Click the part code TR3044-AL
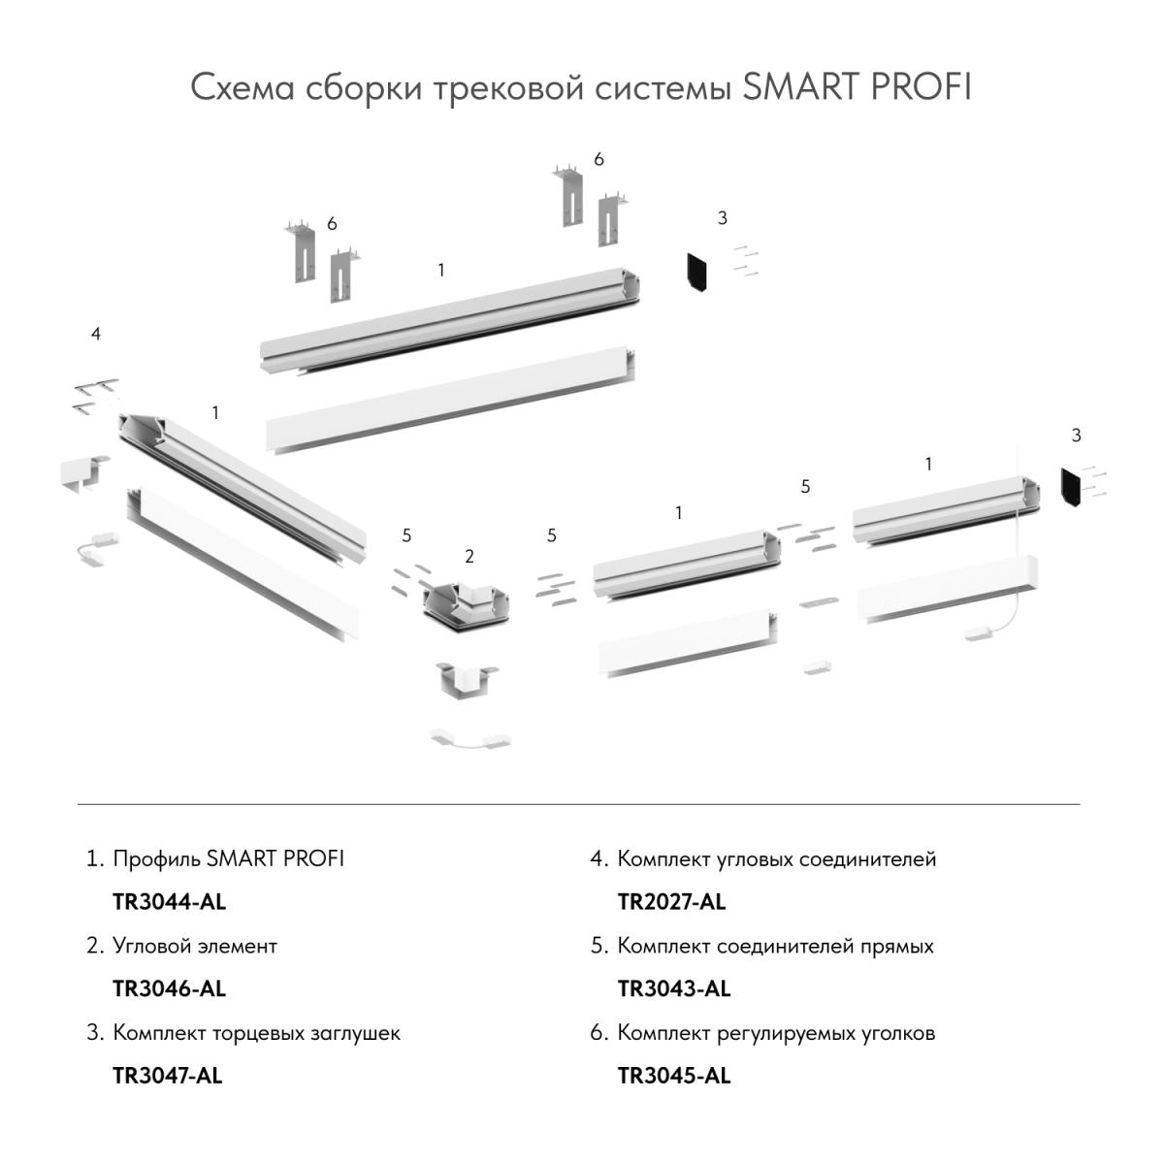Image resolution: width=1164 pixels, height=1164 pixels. point(169,902)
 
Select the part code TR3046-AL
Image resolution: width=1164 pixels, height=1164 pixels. point(169,989)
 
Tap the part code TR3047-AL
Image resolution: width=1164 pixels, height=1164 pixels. point(167,1076)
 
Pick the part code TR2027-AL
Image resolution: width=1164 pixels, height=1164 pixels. point(671,902)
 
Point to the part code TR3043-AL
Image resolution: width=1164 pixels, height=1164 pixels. point(673,989)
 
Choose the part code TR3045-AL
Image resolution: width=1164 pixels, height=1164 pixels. point(673,1076)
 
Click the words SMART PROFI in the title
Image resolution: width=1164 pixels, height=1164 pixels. point(857,87)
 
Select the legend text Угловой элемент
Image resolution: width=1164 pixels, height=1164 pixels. point(195,946)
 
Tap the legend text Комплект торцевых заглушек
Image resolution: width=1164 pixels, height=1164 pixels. point(256,1033)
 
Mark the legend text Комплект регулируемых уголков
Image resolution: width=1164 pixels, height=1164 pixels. point(776,1033)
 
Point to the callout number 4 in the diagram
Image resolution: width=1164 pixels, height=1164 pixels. point(95,334)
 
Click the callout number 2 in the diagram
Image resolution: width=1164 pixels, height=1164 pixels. point(469,557)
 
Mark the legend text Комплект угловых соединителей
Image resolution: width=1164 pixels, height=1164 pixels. point(776,859)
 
